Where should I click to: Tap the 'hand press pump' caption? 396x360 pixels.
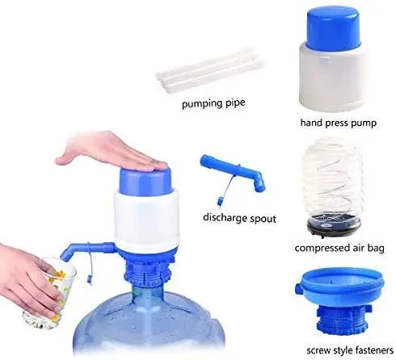click(338, 124)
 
